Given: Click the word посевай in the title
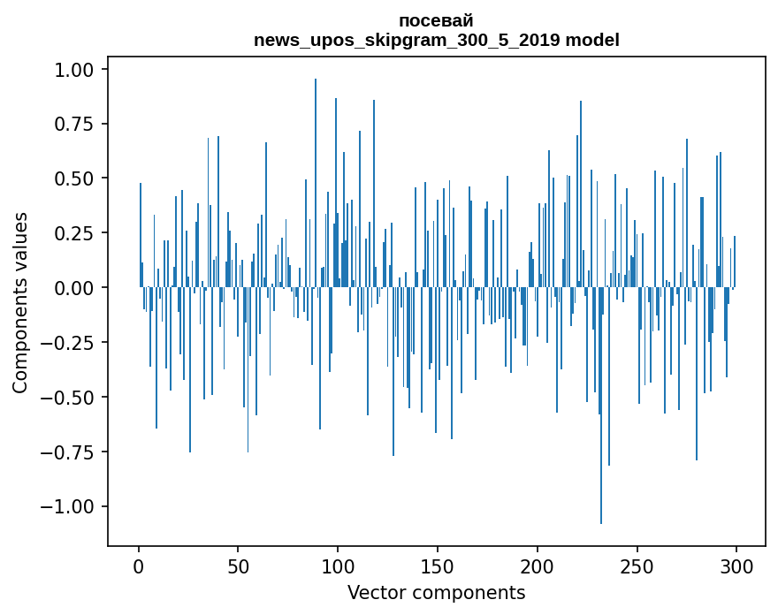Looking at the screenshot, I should point(436,20).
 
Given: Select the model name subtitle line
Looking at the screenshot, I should point(436,40).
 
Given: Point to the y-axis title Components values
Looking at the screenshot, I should point(19,302).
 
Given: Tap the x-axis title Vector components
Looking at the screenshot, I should point(436,593).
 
